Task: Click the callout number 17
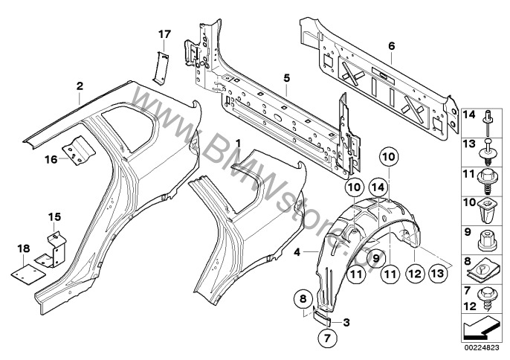click(164, 33)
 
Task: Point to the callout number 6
click(390, 46)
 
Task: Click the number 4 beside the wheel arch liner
click(296, 253)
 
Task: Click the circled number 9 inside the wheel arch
click(376, 258)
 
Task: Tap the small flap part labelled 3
click(324, 318)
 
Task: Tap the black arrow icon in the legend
click(483, 325)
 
